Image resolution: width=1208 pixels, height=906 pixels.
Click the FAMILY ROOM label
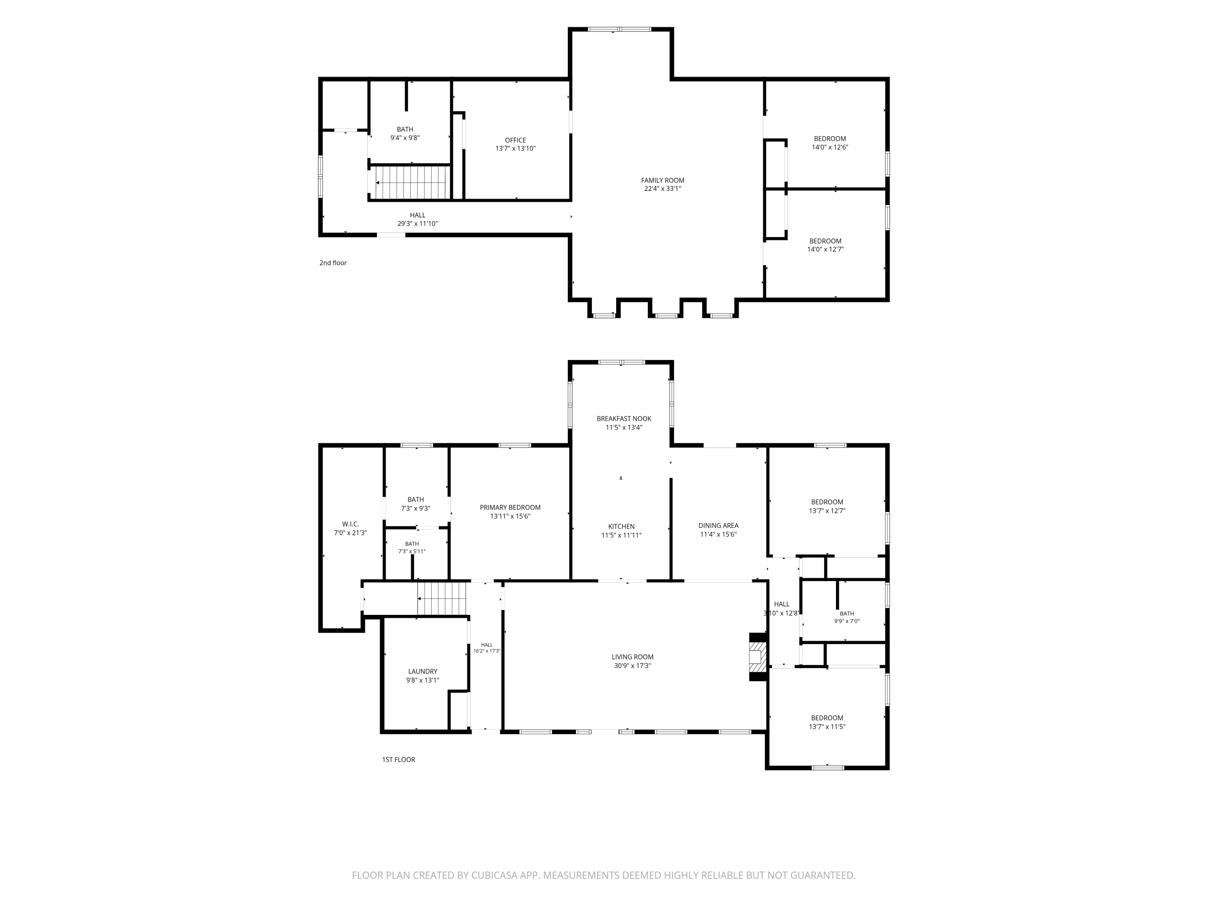pyautogui.click(x=662, y=180)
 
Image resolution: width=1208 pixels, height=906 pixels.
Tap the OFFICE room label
pyautogui.click(x=515, y=141)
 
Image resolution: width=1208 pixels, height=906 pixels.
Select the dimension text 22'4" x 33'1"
pyautogui.click(x=662, y=189)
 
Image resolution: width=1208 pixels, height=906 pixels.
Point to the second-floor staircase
pyautogui.click(x=410, y=182)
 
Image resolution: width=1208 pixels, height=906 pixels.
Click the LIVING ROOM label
pyautogui.click(x=633, y=657)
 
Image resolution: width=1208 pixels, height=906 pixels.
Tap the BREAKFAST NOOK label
pyautogui.click(x=624, y=419)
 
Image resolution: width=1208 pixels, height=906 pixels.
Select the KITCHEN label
pyautogui.click(x=621, y=526)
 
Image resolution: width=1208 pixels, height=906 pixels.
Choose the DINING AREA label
pyautogui.click(x=718, y=525)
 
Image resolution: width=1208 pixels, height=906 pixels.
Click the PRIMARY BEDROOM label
pyautogui.click(x=510, y=507)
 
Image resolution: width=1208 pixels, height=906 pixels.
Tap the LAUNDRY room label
pyautogui.click(x=423, y=672)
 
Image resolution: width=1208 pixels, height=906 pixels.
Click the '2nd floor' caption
pyautogui.click(x=333, y=263)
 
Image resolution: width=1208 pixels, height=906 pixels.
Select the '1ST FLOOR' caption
pyautogui.click(x=399, y=760)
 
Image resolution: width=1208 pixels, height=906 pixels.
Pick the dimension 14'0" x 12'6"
pyautogui.click(x=830, y=147)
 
